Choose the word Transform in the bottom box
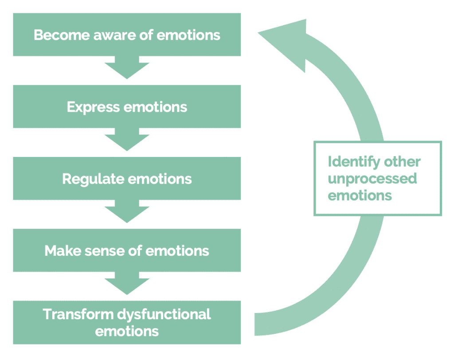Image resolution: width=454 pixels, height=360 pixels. coord(78,314)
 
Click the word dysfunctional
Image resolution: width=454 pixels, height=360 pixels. coord(164,314)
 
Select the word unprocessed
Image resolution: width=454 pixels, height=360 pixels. coord(372,179)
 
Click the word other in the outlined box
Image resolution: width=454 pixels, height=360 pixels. coord(402,162)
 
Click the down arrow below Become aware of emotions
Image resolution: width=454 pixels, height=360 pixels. coord(127,68)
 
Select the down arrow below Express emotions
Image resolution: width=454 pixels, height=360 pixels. coord(127,140)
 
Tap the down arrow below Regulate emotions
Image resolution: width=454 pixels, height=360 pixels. coord(127,211)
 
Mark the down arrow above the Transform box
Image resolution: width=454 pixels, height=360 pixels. coord(127,283)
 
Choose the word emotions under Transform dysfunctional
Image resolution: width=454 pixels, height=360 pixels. coord(127,331)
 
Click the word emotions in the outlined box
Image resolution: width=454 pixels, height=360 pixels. coord(360,195)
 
